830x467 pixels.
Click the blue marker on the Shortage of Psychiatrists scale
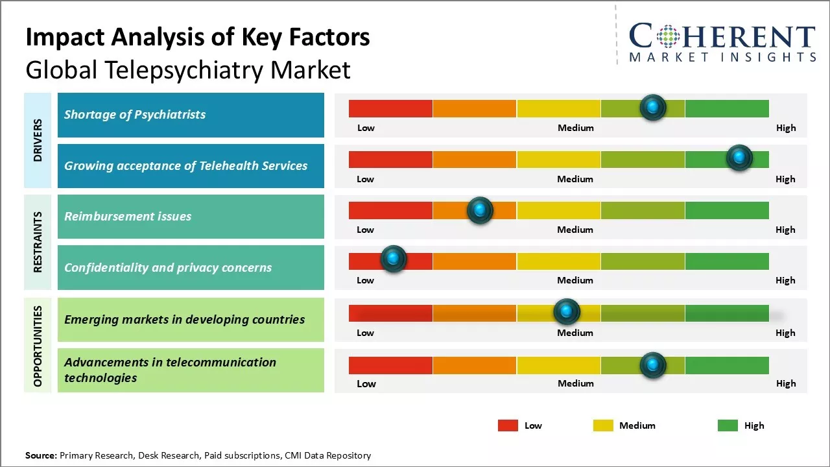click(x=653, y=107)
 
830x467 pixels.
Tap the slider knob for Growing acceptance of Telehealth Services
click(x=739, y=158)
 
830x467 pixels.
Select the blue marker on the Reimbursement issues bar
click(x=480, y=210)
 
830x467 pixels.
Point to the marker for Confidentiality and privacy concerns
click(x=393, y=259)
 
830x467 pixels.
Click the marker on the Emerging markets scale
click(x=567, y=312)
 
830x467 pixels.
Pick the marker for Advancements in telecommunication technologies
click(x=653, y=365)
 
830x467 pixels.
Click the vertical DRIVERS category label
click(x=38, y=140)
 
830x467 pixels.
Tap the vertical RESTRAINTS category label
click(x=38, y=242)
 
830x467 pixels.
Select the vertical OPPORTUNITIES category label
click(x=38, y=346)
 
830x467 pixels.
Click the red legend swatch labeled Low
click(x=508, y=425)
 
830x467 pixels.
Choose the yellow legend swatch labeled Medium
click(x=603, y=425)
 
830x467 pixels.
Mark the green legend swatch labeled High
click(x=728, y=425)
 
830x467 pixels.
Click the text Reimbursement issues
click(x=128, y=217)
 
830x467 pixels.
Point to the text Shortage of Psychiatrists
click(x=135, y=115)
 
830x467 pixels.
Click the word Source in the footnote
click(x=41, y=455)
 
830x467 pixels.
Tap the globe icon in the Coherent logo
click(x=668, y=36)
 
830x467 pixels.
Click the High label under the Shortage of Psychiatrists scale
click(x=785, y=128)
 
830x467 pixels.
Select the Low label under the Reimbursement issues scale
click(x=365, y=230)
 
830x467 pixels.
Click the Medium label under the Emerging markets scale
click(x=575, y=333)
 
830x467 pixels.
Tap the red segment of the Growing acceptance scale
click(x=390, y=160)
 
